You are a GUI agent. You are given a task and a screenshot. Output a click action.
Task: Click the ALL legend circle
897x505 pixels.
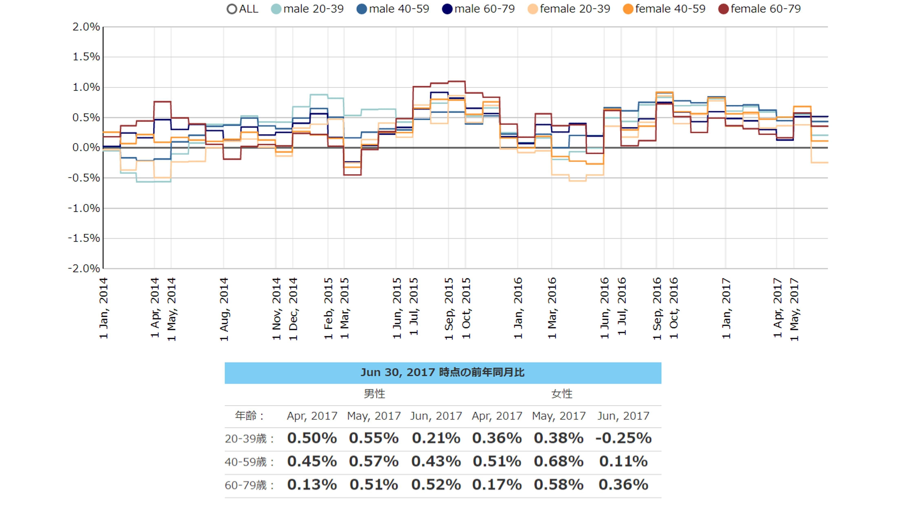232,9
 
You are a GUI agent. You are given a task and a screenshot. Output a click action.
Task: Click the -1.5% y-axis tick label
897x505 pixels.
84,238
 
